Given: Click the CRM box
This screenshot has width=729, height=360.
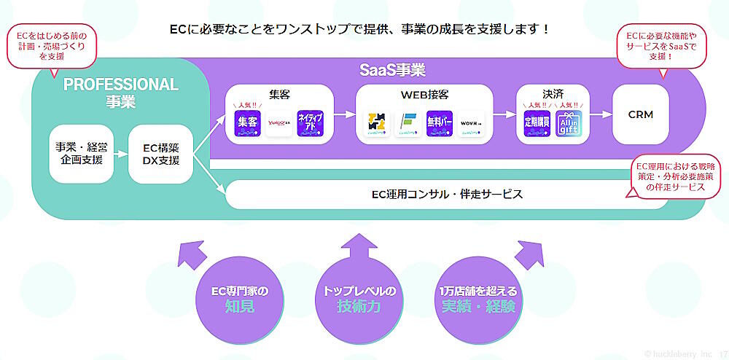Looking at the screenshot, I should tap(641, 114).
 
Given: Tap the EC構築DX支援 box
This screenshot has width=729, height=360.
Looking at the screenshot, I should tap(160, 154).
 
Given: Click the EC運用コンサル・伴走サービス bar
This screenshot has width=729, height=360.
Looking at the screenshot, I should tap(447, 195).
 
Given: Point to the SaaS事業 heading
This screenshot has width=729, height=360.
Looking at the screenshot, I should tap(392, 71).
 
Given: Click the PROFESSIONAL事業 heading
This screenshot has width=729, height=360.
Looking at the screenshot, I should tap(120, 93).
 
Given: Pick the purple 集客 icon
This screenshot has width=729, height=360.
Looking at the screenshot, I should tap(246, 123).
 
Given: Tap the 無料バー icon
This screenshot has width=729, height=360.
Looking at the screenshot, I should tap(440, 123).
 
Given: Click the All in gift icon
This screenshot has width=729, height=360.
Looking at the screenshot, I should tap(569, 123).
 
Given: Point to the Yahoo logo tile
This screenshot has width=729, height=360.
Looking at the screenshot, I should tap(278, 123).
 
